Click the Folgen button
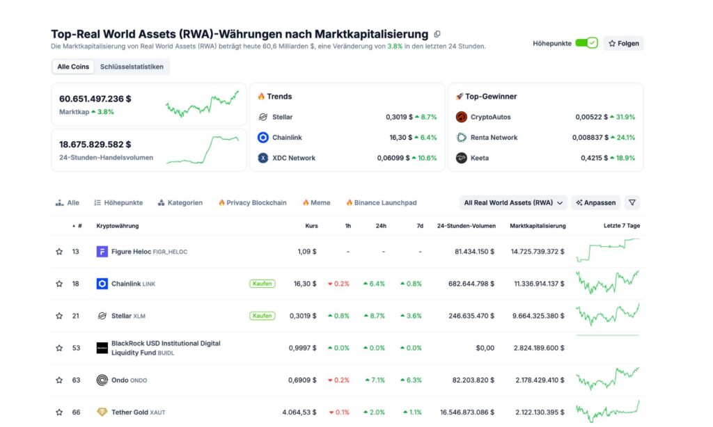(623, 43)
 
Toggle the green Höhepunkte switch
(586, 43)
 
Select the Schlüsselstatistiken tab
(132, 67)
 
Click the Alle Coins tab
(73, 67)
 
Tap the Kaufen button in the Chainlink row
(263, 284)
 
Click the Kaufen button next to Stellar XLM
(263, 316)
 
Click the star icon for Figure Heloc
(59, 252)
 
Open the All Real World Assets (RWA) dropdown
(514, 203)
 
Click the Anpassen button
(595, 203)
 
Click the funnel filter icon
(632, 203)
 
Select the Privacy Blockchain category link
(252, 203)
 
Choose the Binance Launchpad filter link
(381, 203)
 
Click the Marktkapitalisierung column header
(538, 226)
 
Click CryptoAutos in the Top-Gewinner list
(490, 117)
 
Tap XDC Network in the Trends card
(293, 158)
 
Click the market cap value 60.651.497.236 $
(95, 99)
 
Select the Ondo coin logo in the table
(102, 380)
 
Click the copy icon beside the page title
(437, 34)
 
